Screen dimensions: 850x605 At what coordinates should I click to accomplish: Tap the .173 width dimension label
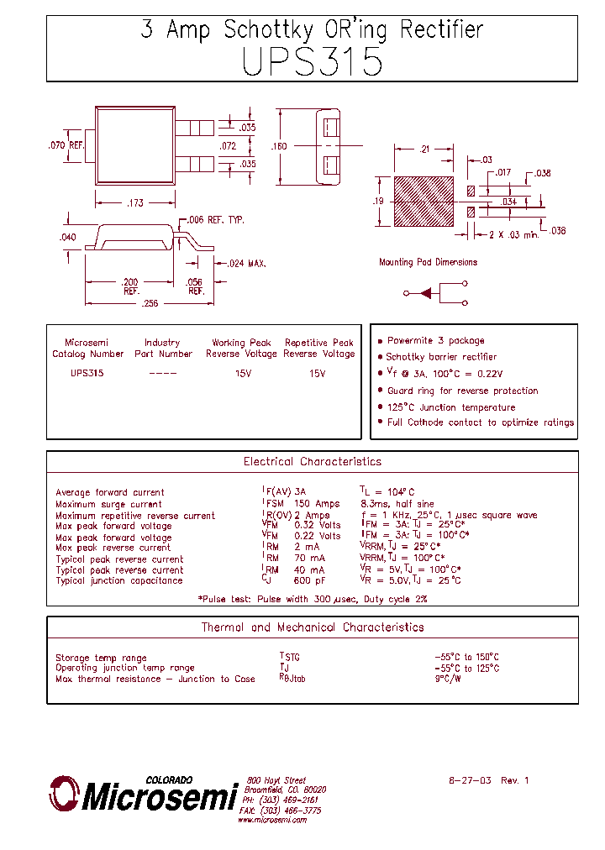pos(134,203)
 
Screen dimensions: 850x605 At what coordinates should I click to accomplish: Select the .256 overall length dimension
pos(149,304)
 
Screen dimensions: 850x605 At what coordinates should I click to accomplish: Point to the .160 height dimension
pos(279,147)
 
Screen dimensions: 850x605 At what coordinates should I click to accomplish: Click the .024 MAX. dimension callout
pos(245,264)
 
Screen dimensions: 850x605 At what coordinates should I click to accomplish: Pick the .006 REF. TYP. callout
pos(215,219)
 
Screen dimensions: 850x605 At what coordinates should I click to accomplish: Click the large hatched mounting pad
pos(423,201)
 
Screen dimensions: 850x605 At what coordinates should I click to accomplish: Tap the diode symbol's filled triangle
pos(426,293)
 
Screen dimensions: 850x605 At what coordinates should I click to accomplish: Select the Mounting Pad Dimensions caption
pos(428,262)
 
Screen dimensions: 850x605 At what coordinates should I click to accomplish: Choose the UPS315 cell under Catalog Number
pos(87,373)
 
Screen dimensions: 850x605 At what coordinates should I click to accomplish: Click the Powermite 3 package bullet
pos(435,341)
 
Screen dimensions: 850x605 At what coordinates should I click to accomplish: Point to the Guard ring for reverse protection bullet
pos(462,391)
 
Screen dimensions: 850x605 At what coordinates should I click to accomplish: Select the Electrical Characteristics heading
pos(312,462)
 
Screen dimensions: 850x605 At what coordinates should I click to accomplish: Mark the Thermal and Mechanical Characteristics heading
pos(312,627)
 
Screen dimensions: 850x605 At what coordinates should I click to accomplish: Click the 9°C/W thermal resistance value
pos(448,679)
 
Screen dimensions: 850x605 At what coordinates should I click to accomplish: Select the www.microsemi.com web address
pos(271,820)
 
